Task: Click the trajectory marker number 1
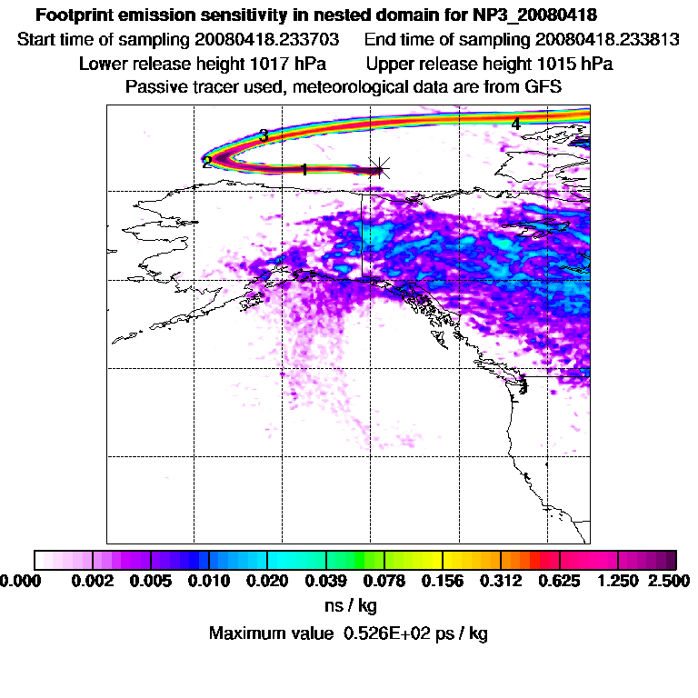coord(304,169)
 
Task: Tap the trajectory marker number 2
coord(207,163)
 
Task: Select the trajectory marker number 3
coord(264,135)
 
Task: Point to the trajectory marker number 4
coord(515,124)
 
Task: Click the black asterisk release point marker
coord(382,167)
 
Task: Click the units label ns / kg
coord(350,604)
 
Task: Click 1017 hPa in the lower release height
coord(286,65)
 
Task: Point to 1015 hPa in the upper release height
coord(573,65)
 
